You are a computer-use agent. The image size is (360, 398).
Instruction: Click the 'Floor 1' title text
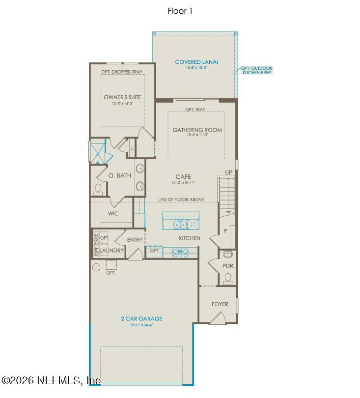[x=180, y=11]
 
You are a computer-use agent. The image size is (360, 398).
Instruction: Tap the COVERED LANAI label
[x=196, y=62]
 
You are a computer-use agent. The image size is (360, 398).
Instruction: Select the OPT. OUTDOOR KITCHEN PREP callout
[x=256, y=70]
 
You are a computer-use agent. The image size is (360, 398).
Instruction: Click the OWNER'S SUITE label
[x=122, y=97]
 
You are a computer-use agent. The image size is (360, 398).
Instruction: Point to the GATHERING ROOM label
[x=197, y=130]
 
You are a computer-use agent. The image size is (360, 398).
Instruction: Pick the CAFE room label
[x=183, y=176]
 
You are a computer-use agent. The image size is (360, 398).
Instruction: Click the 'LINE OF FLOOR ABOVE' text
[x=181, y=200]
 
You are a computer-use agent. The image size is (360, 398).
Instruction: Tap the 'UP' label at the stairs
[x=228, y=172]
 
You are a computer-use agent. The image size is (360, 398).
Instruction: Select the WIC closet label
[x=113, y=214]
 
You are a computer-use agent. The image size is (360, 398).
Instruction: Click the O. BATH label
[x=120, y=175]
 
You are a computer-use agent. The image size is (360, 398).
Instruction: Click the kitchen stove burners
[x=180, y=253]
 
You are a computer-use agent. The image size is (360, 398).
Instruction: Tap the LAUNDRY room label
[x=112, y=251]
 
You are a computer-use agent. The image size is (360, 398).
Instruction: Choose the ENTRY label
[x=135, y=240]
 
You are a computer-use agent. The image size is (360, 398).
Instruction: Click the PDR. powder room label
[x=228, y=265]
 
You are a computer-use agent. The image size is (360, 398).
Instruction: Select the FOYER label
[x=220, y=304]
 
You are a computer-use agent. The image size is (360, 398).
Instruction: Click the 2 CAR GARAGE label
[x=141, y=318]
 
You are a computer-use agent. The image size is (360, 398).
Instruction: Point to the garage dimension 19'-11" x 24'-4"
[x=141, y=325]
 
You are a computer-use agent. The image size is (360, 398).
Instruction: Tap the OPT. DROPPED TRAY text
[x=122, y=72]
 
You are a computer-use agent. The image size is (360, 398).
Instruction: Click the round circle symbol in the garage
[x=96, y=267]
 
